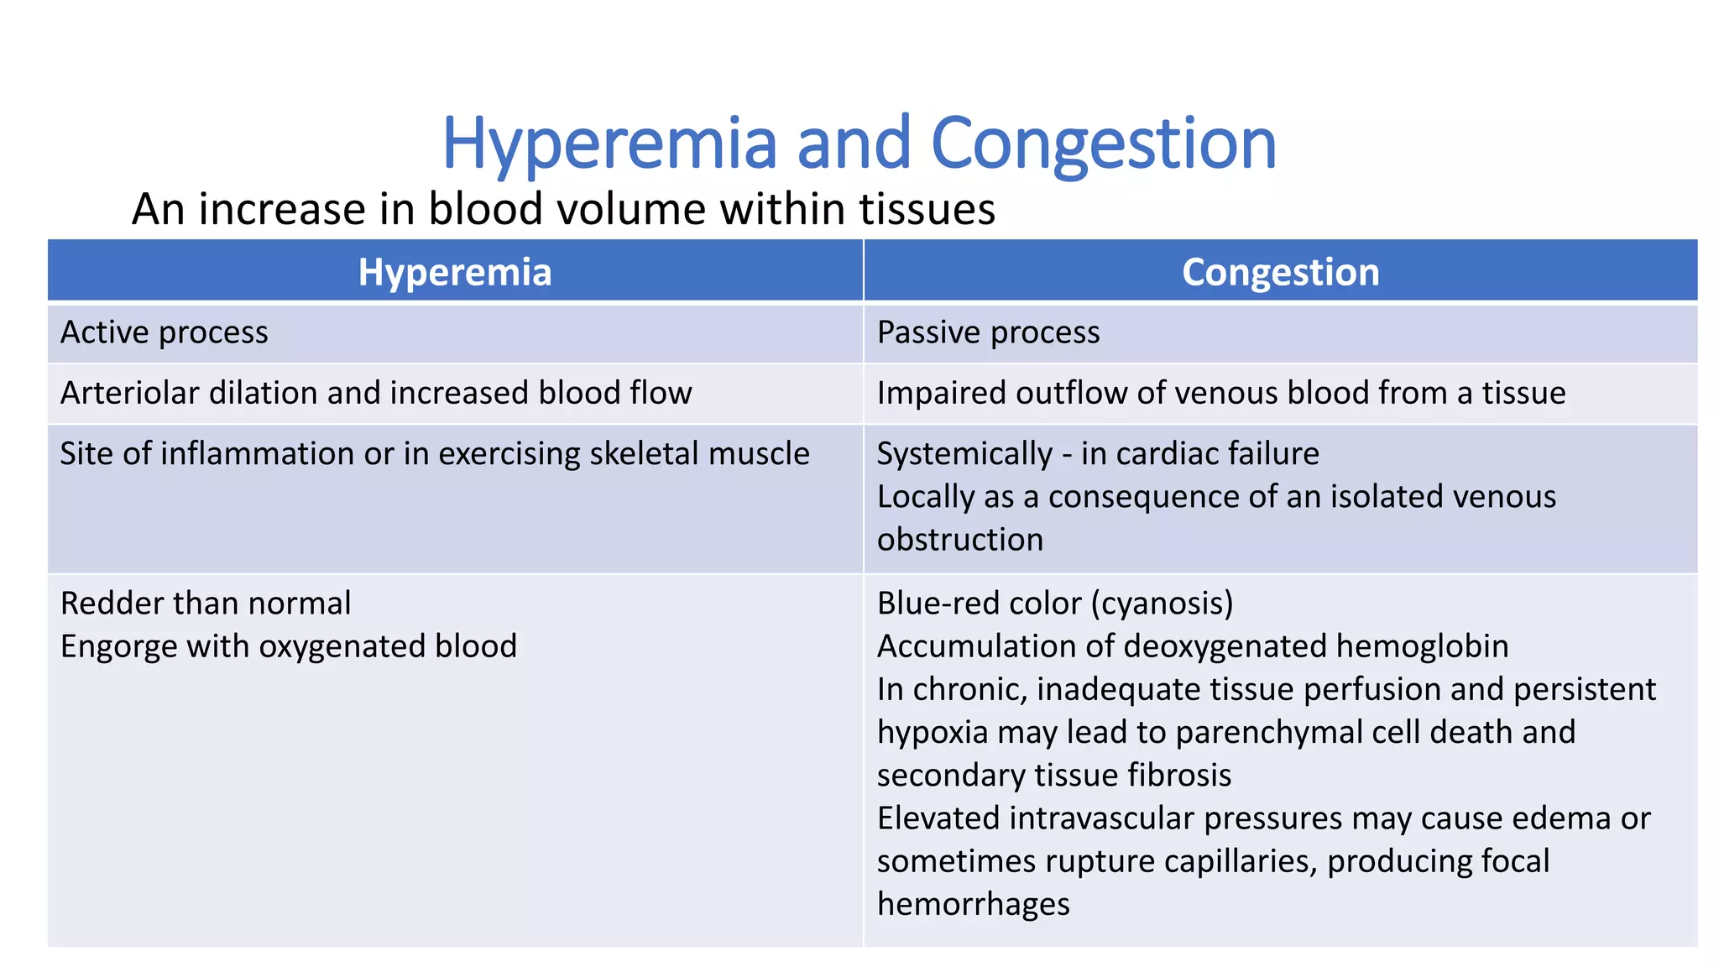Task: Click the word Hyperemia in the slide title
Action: pyautogui.click(x=609, y=144)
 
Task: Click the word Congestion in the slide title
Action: pyautogui.click(x=1104, y=144)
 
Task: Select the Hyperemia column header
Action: pyautogui.click(x=455, y=272)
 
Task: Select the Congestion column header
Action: pyautogui.click(x=1280, y=272)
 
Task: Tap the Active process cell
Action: pyautogui.click(x=165, y=332)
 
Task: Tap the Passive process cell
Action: pyautogui.click(x=988, y=332)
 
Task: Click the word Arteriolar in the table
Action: pyautogui.click(x=128, y=393)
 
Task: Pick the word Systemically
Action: pyautogui.click(x=964, y=453)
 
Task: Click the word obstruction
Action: pyautogui.click(x=959, y=539)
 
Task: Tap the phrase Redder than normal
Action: pyautogui.click(x=206, y=604)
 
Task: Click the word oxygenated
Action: pyautogui.click(x=339, y=646)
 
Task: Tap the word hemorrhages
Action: pyautogui.click(x=973, y=904)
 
